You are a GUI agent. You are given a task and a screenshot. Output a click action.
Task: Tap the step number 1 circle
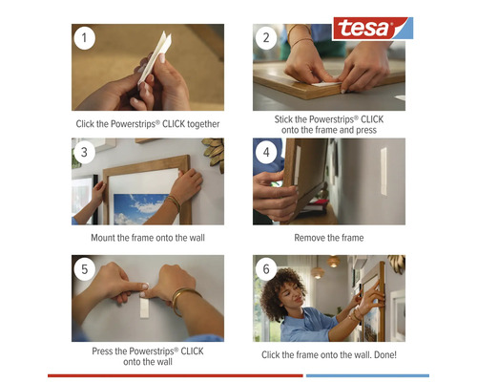[87, 39]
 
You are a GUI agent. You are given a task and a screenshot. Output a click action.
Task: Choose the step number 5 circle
[87, 270]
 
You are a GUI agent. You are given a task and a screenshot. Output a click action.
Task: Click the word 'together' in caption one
[197, 123]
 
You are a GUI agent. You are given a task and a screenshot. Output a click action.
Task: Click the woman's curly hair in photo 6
[288, 285]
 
